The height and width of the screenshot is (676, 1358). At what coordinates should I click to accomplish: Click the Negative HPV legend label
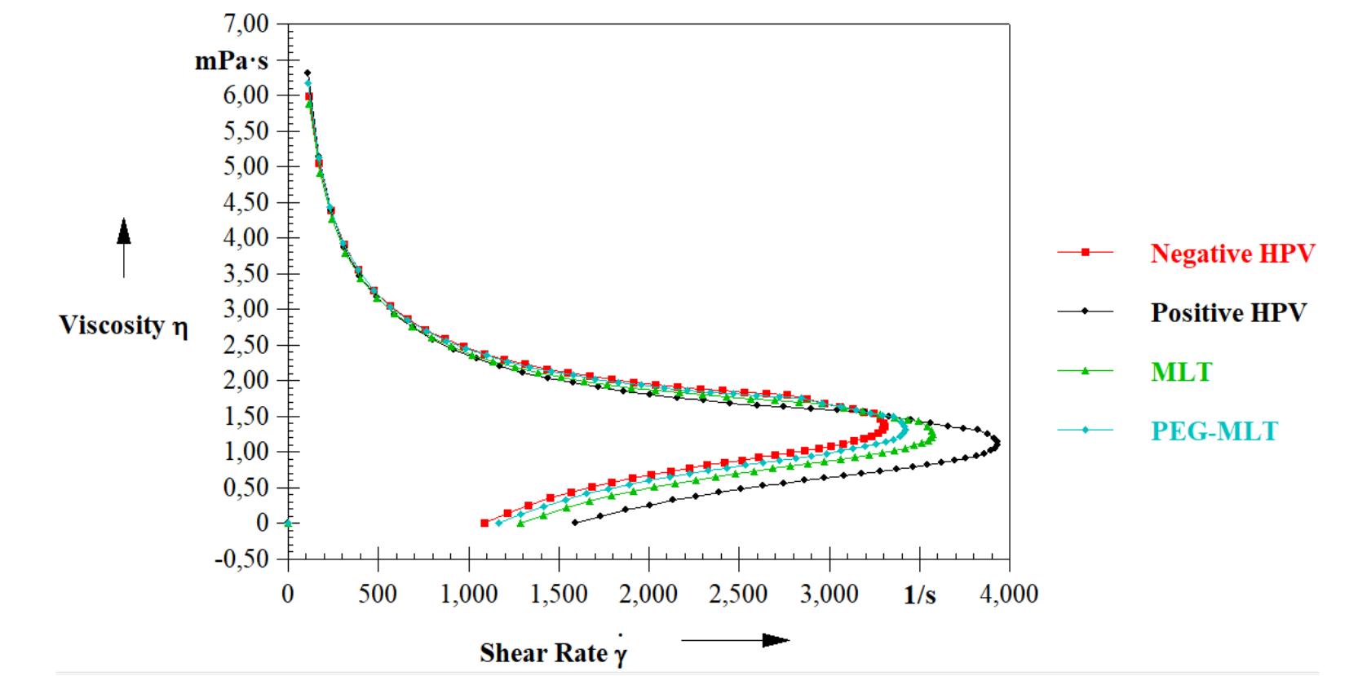tap(1232, 254)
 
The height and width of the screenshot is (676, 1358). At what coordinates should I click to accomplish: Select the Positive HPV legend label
tap(1228, 312)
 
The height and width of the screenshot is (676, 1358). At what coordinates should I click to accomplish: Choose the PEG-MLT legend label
tap(1214, 431)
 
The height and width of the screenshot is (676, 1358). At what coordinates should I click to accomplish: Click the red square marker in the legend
tap(1086, 253)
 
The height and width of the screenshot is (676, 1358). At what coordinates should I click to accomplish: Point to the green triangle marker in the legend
tap(1086, 371)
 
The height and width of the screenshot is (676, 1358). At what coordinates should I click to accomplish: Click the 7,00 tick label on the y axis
tap(245, 24)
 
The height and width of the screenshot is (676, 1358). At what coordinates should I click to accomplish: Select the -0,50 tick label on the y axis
tap(241, 559)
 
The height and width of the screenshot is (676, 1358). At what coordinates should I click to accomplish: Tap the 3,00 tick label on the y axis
tap(245, 309)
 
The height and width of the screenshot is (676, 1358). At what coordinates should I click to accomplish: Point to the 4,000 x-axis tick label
tap(1009, 594)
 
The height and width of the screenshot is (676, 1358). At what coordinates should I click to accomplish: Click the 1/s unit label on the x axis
tap(919, 595)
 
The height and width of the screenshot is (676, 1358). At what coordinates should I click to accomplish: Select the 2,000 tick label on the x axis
tap(648, 594)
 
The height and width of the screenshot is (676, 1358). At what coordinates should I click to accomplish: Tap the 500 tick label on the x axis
tap(378, 594)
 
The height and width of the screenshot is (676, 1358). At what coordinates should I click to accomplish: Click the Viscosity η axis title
tap(123, 325)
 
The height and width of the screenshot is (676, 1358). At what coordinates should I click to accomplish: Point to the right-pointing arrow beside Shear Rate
tap(735, 640)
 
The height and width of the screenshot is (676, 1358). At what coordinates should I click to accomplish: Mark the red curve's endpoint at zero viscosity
tap(484, 523)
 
